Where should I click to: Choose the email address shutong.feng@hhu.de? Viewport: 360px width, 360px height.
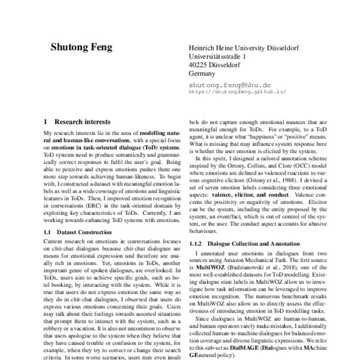pyautogui.click(x=230, y=86)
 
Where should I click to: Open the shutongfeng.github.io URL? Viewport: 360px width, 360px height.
pyautogui.click(x=237, y=92)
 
